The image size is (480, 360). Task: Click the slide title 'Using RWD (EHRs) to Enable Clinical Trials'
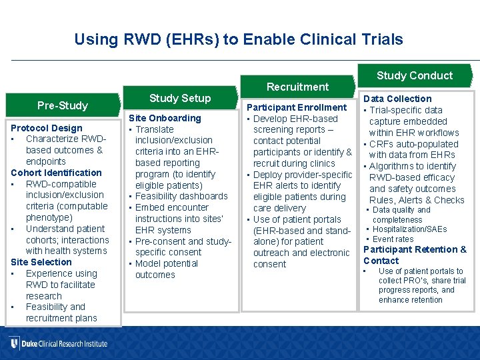click(239, 39)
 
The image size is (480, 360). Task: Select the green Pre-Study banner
click(63, 105)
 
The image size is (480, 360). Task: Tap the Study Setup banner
click(180, 98)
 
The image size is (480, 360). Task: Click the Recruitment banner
click(297, 87)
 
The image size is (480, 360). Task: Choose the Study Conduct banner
click(414, 75)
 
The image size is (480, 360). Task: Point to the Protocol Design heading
click(47, 128)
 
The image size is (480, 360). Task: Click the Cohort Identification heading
click(56, 173)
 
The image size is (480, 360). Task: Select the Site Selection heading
click(41, 262)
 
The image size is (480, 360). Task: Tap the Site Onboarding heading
click(165, 118)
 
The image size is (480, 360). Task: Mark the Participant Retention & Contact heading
click(415, 255)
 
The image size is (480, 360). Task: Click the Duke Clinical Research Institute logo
click(59, 344)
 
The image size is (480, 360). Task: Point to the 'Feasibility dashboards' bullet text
click(181, 196)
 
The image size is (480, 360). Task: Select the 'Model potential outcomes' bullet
click(167, 269)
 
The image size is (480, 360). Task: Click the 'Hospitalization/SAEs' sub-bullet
click(409, 229)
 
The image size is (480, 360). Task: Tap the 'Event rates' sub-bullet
click(393, 239)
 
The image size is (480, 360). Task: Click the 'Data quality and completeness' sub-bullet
click(401, 215)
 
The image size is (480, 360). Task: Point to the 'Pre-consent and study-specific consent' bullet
click(182, 247)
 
